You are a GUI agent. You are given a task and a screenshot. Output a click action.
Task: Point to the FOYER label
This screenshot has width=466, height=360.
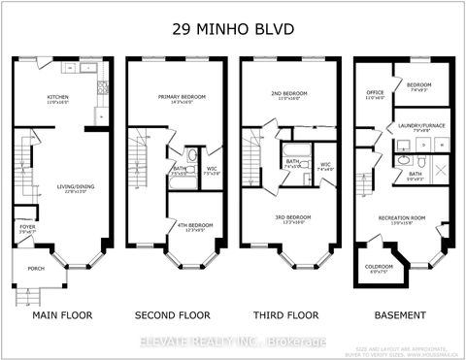(27, 228)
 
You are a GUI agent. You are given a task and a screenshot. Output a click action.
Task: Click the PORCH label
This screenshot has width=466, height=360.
(35, 269)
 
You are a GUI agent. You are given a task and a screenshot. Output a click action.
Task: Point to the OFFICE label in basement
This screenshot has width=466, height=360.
(374, 94)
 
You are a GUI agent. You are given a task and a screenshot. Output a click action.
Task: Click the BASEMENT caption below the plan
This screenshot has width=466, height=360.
(400, 315)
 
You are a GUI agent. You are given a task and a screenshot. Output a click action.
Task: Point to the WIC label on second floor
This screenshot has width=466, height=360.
(212, 169)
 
